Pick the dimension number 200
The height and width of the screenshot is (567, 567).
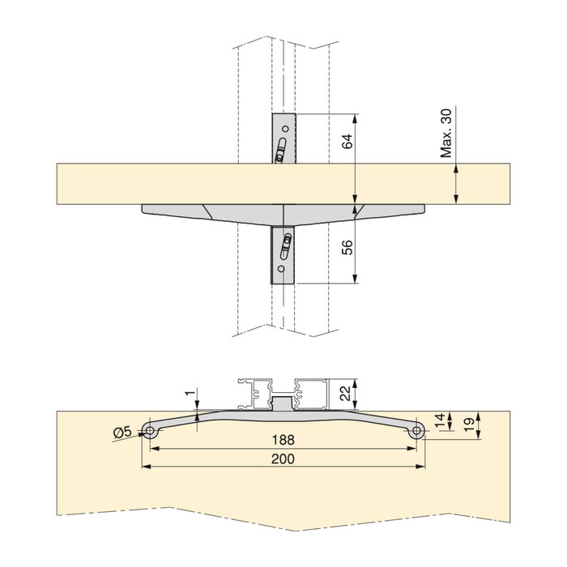click(x=283, y=458)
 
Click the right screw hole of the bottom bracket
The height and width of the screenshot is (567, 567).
click(x=417, y=433)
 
